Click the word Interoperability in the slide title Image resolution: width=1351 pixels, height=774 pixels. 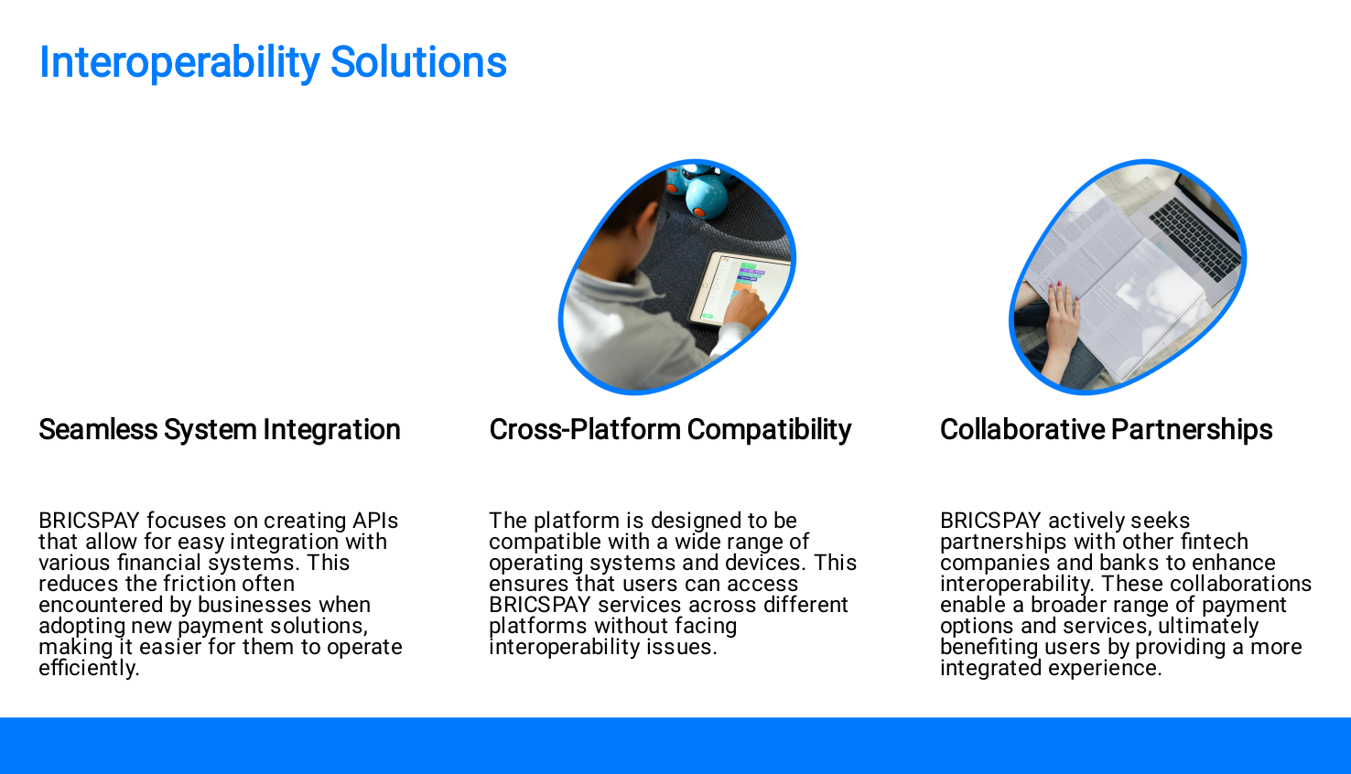(179, 63)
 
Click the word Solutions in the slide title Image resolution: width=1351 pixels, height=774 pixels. (418, 62)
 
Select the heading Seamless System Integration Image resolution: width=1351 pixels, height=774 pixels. (220, 430)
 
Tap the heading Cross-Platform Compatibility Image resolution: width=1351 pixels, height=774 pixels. (670, 430)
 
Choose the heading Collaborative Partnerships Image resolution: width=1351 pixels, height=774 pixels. (1106, 430)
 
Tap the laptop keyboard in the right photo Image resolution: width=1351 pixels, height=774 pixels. (1194, 238)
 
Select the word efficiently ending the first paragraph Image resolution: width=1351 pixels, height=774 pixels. (90, 668)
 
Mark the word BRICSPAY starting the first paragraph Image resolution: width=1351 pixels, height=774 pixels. (90, 521)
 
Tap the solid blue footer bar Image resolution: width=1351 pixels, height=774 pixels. (675, 746)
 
